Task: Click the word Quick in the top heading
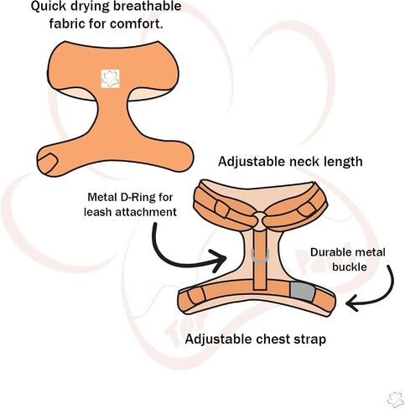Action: point(48,7)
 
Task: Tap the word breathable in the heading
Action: point(148,6)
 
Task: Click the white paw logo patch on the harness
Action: point(110,79)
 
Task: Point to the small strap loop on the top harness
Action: point(48,163)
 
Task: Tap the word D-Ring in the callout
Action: point(138,198)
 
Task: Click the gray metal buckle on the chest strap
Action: point(303,291)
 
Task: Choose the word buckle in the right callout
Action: point(350,267)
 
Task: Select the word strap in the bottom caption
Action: point(310,340)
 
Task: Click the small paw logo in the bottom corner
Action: point(396,400)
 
